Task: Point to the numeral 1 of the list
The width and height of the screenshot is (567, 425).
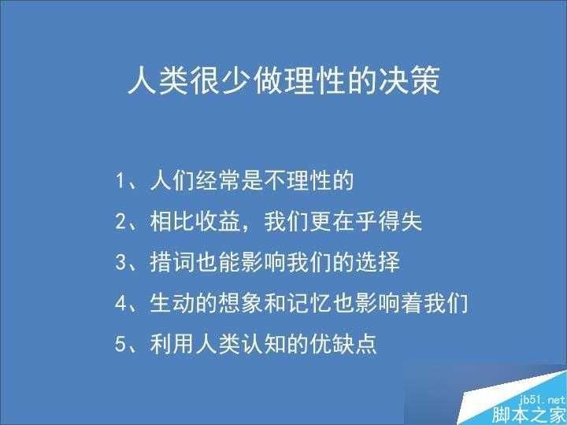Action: click(x=120, y=182)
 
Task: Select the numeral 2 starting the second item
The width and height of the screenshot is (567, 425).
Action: click(x=120, y=222)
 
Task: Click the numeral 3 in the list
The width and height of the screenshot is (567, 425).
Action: click(x=120, y=262)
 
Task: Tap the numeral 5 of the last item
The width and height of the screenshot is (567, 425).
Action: click(x=120, y=344)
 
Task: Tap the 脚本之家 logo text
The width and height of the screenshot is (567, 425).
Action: click(x=530, y=415)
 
